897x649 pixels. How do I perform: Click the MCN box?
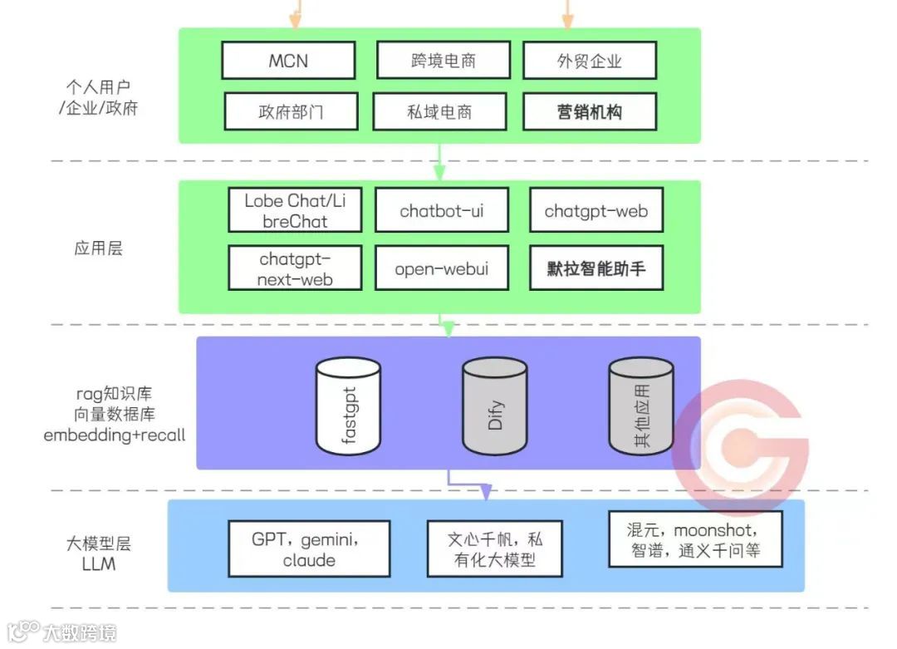point(288,61)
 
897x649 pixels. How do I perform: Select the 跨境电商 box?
point(443,61)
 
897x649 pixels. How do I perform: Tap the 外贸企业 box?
point(590,61)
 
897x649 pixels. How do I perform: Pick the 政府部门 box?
point(291,111)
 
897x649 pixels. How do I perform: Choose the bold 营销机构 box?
point(590,111)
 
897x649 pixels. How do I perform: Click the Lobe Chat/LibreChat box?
point(295,210)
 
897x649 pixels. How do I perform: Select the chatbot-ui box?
point(441,210)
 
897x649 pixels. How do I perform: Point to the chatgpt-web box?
point(596,210)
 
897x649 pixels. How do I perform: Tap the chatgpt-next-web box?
point(295,268)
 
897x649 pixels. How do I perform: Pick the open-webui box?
point(441,268)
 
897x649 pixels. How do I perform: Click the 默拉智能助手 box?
point(596,268)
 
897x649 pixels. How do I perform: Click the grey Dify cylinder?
point(495,407)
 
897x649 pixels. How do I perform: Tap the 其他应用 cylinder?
point(641,407)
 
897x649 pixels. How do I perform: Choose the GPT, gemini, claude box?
point(309,548)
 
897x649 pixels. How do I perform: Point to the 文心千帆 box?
point(495,548)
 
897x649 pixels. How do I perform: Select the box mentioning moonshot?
point(695,539)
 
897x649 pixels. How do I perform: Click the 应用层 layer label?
point(98,248)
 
